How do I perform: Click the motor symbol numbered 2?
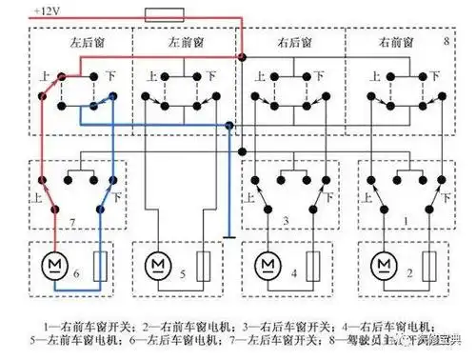pyautogui.click(x=383, y=262)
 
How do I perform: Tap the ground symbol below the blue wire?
pyautogui.click(x=229, y=238)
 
